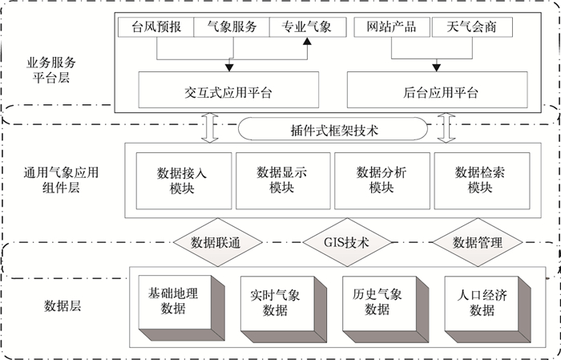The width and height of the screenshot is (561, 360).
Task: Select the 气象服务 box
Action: pyautogui.click(x=232, y=26)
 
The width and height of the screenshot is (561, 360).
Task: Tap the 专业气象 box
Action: pyautogui.click(x=306, y=26)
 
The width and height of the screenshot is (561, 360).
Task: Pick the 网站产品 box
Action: pyautogui.click(x=391, y=26)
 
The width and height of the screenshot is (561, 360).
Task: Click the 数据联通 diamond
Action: pyautogui.click(x=216, y=242)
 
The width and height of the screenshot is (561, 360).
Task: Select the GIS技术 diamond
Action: pyautogui.click(x=346, y=242)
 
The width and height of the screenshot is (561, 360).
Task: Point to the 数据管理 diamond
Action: pyautogui.click(x=477, y=242)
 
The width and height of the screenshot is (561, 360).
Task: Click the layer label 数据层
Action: pyautogui.click(x=62, y=305)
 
